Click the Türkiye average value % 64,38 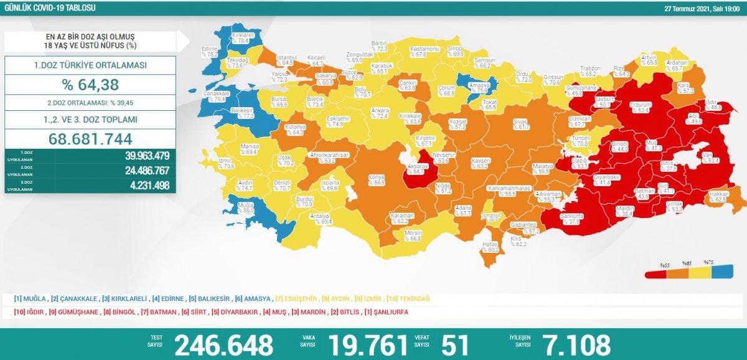[x=90, y=84]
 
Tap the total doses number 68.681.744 [x=90, y=138]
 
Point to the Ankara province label [x=380, y=113]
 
